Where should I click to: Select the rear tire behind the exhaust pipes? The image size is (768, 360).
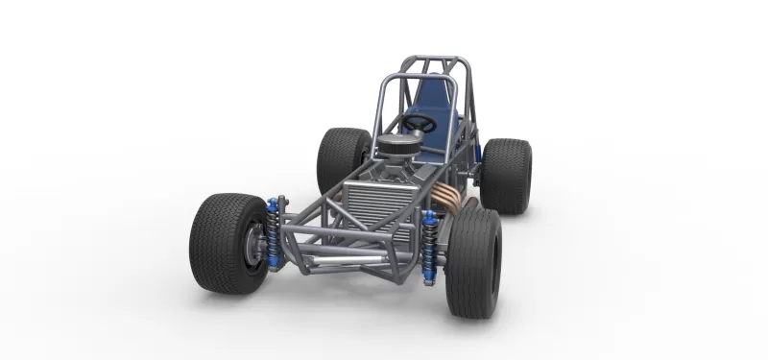point(506,176)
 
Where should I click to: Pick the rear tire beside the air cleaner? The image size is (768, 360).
point(341,158)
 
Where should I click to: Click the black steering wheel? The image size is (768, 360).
point(419,124)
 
